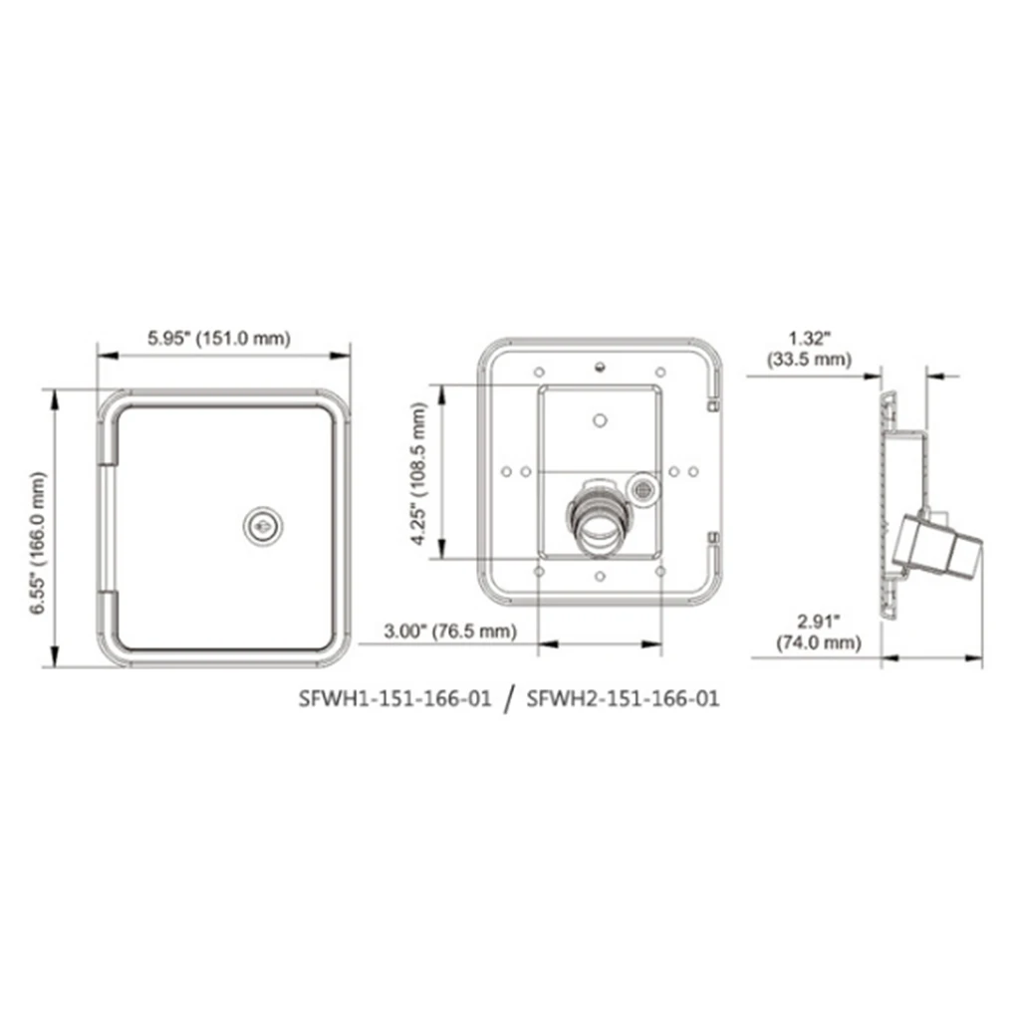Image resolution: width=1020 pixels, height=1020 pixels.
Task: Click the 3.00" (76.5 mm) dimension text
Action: tap(452, 631)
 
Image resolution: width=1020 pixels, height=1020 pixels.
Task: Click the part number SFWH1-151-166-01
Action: tap(395, 698)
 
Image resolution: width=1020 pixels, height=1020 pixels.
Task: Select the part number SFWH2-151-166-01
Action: tap(623, 698)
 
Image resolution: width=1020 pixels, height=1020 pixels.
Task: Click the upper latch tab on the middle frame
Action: tap(712, 405)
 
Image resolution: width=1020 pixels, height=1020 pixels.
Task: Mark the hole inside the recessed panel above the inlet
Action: tap(598, 418)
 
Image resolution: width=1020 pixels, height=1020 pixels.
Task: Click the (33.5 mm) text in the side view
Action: tap(808, 359)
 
